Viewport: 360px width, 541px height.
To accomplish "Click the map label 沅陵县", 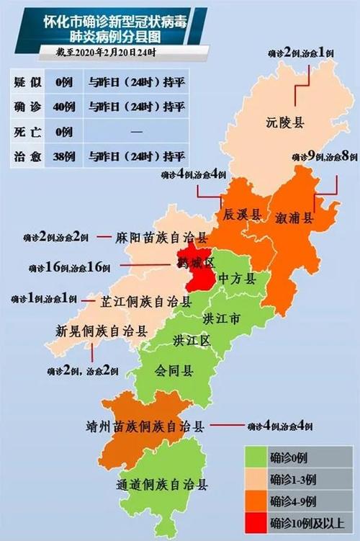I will pyautogui.click(x=284, y=122).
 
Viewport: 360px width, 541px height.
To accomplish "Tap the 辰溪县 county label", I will pyautogui.click(x=240, y=215).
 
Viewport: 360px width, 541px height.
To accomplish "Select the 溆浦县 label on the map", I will pyautogui.click(x=295, y=218).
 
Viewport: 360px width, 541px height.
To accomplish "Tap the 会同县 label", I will pyautogui.click(x=174, y=371).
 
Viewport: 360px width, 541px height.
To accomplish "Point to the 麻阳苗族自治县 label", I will pyautogui.click(x=163, y=237).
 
